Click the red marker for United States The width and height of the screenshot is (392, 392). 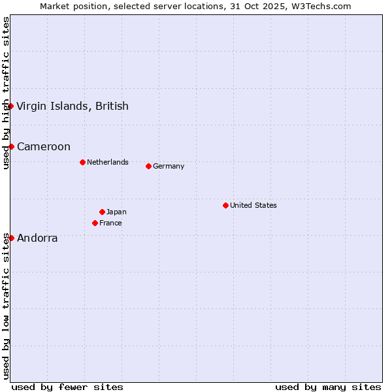[225, 205]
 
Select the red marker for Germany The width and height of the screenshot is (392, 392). [148, 166]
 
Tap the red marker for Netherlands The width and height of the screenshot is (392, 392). [82, 162]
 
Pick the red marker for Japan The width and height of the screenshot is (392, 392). [102, 212]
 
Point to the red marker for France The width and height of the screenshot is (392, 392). [95, 223]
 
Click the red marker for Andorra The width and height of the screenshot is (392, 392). [11, 238]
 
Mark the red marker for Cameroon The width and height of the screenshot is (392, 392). [11, 146]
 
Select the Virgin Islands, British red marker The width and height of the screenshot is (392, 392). [10, 106]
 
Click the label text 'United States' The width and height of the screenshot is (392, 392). [253, 205]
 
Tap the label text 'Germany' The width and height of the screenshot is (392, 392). [169, 166]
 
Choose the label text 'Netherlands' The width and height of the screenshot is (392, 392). [108, 162]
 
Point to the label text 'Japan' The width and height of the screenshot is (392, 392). [116, 212]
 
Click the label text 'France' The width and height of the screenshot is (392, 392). [110, 223]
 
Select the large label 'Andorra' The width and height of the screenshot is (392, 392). [37, 238]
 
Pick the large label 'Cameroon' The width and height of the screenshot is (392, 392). [44, 146]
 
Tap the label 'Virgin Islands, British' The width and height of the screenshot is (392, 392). [73, 106]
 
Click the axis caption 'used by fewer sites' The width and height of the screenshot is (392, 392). [67, 387]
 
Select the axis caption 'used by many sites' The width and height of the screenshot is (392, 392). [328, 387]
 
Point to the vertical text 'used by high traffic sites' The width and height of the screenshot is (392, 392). [6, 93]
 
